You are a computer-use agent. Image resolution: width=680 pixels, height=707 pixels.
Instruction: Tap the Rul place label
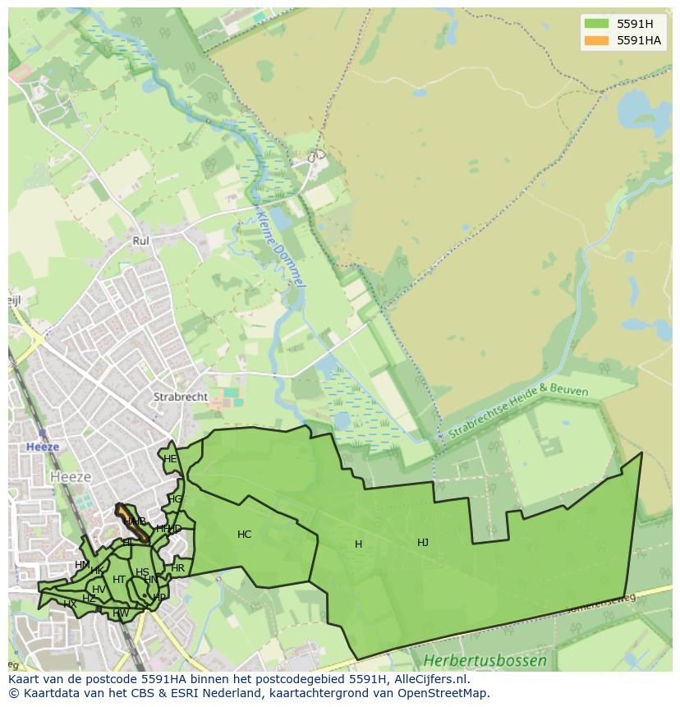[x=140, y=241]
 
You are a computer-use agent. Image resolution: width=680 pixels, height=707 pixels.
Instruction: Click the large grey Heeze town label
[x=71, y=476]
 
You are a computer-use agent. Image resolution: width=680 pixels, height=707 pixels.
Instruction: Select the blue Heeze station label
[x=42, y=448]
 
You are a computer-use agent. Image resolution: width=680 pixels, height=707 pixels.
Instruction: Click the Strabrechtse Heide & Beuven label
[x=518, y=411]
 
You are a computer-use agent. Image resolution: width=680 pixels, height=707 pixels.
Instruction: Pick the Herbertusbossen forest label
[x=485, y=660]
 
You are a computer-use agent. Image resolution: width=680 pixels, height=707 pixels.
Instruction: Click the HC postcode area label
[x=244, y=535]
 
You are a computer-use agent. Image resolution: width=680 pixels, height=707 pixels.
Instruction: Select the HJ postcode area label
[x=423, y=542]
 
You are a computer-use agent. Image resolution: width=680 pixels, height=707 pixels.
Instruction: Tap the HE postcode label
[x=170, y=459]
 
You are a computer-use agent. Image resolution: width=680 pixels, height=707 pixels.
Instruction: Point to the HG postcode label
[x=176, y=499]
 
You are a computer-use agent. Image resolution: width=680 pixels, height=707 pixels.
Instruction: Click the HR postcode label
[x=178, y=568]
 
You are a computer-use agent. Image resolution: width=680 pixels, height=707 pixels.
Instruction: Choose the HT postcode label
[x=119, y=580]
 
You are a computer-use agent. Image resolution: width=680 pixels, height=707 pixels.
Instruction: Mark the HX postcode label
[x=70, y=604]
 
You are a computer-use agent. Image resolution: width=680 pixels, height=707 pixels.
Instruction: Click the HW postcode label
[x=121, y=613]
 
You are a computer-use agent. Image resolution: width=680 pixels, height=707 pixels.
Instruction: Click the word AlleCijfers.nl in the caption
[x=430, y=679]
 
